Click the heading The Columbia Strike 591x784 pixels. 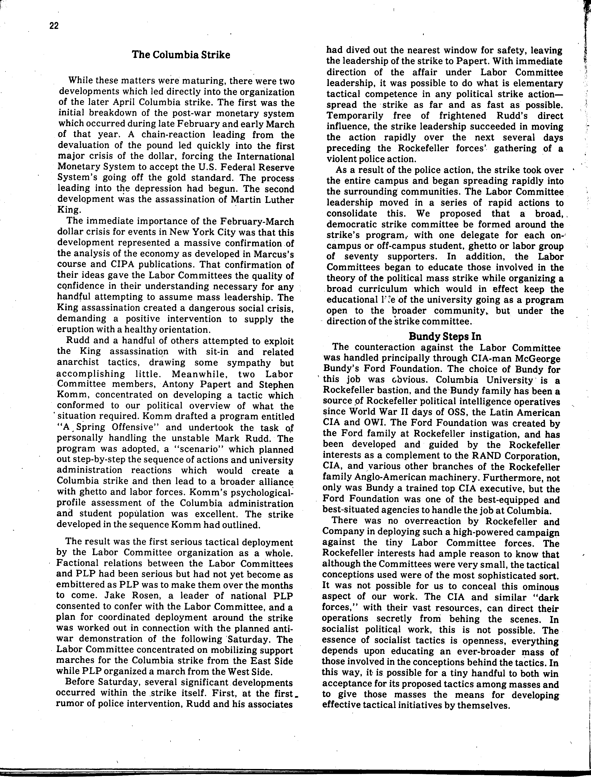181,55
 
